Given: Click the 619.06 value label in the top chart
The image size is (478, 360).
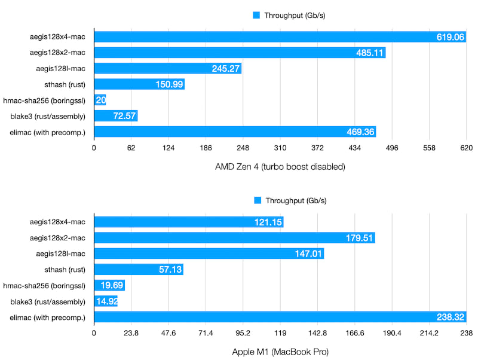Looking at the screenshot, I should tap(449, 37).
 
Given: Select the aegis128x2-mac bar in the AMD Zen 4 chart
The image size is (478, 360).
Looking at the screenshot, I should tap(239, 53).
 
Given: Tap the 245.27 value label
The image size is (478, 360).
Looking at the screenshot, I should tap(225, 69).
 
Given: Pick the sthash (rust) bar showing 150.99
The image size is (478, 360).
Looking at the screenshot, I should tap(139, 84).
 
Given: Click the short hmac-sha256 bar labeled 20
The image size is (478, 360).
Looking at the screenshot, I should tap(100, 100).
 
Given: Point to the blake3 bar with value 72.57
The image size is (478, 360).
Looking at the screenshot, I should tap(115, 116).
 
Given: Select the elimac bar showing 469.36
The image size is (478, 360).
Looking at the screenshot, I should tap(234, 132).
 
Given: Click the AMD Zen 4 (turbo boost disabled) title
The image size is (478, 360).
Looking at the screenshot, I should tap(280, 167).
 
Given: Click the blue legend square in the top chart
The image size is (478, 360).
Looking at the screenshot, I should tap(256, 15).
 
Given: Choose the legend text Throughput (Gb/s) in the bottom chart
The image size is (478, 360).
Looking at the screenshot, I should tap(295, 200).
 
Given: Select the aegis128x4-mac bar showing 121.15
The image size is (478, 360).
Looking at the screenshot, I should tap(188, 222).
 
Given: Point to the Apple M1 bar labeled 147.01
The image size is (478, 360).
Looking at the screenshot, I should tap(209, 254).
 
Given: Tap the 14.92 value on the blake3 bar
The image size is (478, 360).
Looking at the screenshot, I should tap(106, 301).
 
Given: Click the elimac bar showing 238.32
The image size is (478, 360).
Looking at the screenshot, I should tap(280, 317).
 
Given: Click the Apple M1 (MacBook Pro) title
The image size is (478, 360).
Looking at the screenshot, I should tap(280, 352).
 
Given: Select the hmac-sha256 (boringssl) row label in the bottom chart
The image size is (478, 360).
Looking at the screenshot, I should tap(45, 285).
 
